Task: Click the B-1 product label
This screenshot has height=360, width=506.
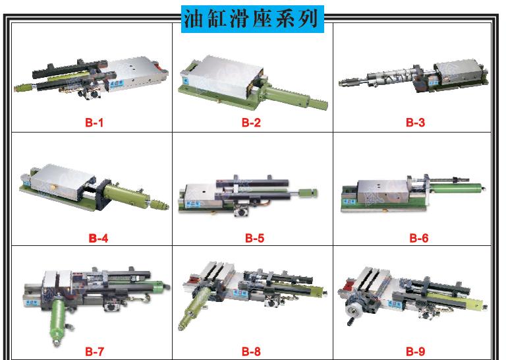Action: pyautogui.click(x=94, y=123)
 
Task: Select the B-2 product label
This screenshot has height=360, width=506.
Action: pyautogui.click(x=251, y=123)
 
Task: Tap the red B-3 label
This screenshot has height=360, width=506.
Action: pyautogui.click(x=415, y=123)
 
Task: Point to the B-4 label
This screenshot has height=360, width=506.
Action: pyautogui.click(x=98, y=238)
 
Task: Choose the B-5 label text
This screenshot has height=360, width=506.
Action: pyautogui.click(x=254, y=238)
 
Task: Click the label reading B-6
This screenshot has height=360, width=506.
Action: pyautogui.click(x=419, y=238)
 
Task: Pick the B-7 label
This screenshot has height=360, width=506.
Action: pyautogui.click(x=94, y=351)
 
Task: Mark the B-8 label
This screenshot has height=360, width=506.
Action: pyautogui.click(x=251, y=351)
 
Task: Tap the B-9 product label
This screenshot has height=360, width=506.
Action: pyautogui.click(x=415, y=351)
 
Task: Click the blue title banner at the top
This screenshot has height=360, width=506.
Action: pyautogui.click(x=252, y=19)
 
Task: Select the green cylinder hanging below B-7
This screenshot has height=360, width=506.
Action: pyautogui.click(x=58, y=320)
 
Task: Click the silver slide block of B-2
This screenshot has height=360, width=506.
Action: pyautogui.click(x=223, y=77)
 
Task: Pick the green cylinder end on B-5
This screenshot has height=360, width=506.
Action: pyautogui.click(x=308, y=193)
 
